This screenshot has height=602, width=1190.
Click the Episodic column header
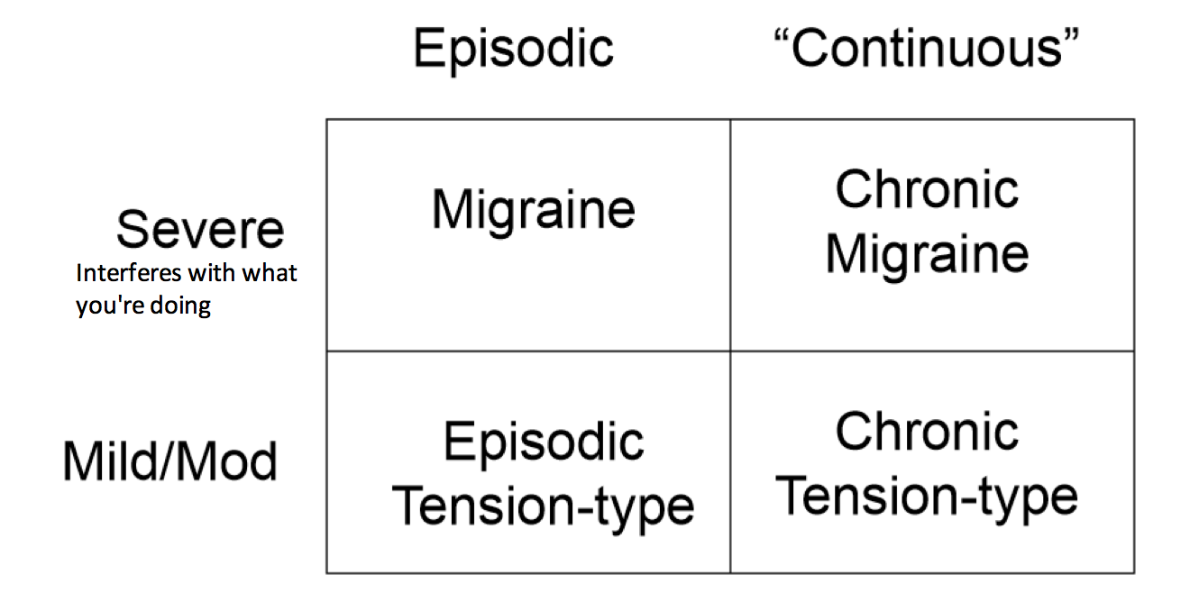(514, 48)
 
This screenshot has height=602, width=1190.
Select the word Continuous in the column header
(928, 48)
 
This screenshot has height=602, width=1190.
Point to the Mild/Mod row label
(170, 462)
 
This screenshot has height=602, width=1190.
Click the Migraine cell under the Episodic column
(534, 209)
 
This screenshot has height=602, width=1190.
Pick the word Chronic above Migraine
(927, 189)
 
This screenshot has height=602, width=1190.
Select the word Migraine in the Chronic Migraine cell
(927, 253)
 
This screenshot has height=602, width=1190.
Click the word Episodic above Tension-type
(544, 442)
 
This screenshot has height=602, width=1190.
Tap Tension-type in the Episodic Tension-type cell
(544, 506)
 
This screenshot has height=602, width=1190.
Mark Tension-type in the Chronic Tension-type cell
(927, 496)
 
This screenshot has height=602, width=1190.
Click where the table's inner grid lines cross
(730, 351)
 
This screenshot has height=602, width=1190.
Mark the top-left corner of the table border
(326, 120)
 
